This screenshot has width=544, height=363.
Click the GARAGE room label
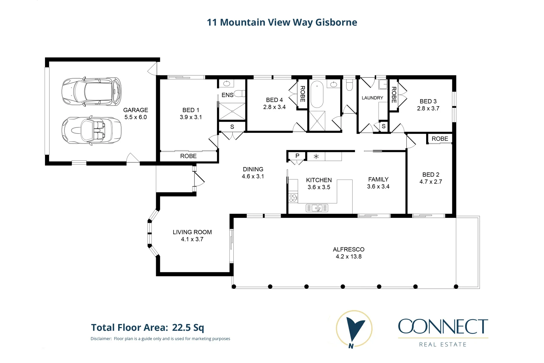click(135, 110)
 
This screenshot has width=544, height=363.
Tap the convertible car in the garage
click(91, 130)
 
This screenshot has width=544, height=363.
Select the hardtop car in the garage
click(91, 91)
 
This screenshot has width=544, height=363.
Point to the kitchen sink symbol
click(317, 208)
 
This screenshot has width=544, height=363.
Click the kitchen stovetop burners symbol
click(293, 198)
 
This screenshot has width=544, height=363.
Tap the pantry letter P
click(297, 156)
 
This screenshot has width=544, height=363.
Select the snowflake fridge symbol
click(316, 156)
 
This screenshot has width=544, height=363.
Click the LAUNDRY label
click(372, 98)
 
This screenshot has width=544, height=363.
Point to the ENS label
click(227, 95)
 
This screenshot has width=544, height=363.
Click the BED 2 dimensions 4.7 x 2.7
click(430, 182)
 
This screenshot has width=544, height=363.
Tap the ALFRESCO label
click(349, 249)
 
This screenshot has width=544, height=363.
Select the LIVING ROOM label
click(192, 232)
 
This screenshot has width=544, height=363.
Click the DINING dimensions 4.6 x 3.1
click(253, 176)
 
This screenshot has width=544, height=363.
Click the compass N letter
click(351, 346)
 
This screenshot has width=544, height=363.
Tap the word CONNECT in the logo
click(443, 326)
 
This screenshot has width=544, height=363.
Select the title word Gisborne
click(336, 23)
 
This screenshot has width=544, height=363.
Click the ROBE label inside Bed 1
click(188, 156)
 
